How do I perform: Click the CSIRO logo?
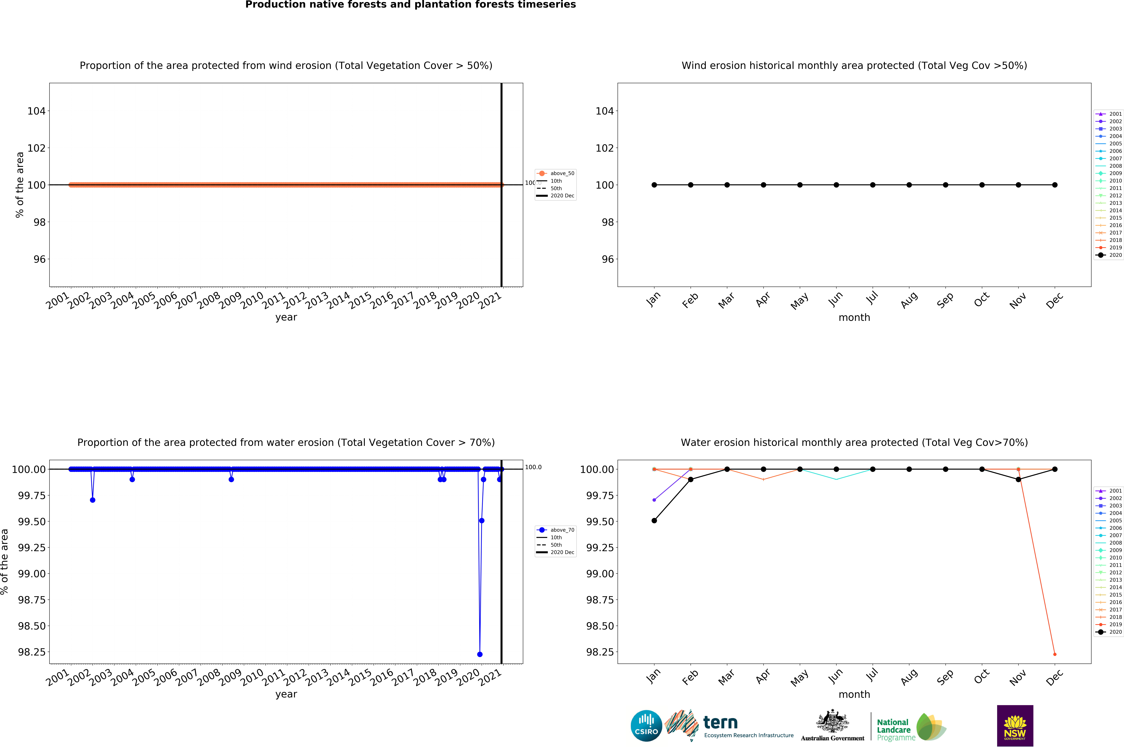[646, 726]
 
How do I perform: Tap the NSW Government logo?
[1015, 726]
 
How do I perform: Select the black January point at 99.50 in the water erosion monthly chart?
[654, 521]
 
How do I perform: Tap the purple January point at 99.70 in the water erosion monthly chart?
[654, 500]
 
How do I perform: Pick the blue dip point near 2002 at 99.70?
[92, 500]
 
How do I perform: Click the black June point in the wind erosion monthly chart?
[836, 185]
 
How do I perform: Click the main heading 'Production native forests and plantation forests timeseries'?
[411, 5]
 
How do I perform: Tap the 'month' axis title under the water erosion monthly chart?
[854, 694]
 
